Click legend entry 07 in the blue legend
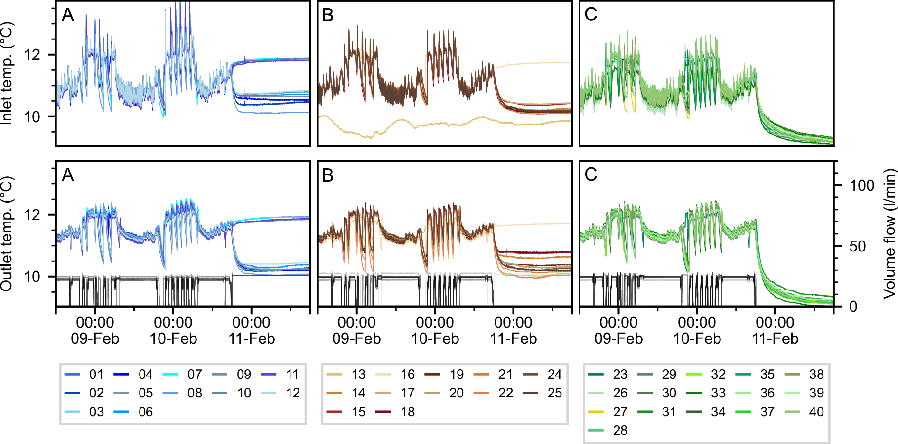coord(195,375)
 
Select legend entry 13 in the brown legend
coord(358,375)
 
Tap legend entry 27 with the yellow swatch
coord(620,412)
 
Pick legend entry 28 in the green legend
coord(620,430)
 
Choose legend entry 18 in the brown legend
coord(407,412)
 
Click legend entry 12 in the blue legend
coord(293,393)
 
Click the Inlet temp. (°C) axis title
coord(7,74)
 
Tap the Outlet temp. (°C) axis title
coord(7,234)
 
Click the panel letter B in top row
coord(328,15)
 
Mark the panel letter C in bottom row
coord(590,175)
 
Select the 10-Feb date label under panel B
coord(435,339)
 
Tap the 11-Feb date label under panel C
coord(775,339)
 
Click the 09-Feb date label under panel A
coord(95,339)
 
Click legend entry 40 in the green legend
coord(816,412)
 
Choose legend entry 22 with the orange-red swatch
coord(505,393)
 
